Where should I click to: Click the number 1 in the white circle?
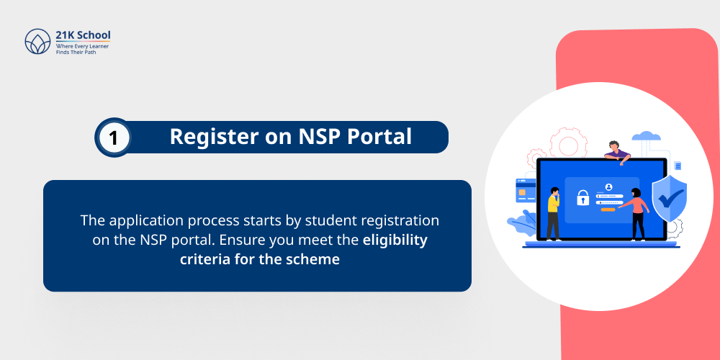tap(114, 137)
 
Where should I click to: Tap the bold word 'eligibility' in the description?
tap(395, 240)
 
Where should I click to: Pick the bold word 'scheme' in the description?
tap(315, 259)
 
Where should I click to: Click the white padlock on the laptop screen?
tap(582, 197)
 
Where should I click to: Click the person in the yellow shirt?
tap(553, 212)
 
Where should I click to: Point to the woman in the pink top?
tap(637, 213)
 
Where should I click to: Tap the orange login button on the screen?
tap(608, 210)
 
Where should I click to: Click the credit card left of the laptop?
tap(524, 190)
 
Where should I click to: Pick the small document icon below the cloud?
tap(678, 166)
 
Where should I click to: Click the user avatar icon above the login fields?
tap(608, 186)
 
